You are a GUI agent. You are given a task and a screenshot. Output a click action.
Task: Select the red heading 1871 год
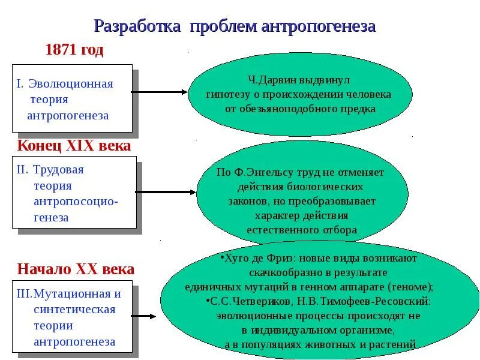(x=74, y=50)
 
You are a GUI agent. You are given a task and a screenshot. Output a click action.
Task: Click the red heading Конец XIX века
(x=74, y=145)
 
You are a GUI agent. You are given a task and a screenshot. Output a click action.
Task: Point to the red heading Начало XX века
(x=76, y=269)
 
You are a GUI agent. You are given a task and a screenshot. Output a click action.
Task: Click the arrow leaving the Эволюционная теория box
(x=160, y=92)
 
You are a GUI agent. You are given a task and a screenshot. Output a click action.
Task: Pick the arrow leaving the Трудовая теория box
(x=166, y=193)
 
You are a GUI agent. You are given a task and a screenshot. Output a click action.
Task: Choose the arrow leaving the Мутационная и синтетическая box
(x=144, y=316)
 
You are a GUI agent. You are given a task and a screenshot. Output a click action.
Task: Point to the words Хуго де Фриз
(x=251, y=258)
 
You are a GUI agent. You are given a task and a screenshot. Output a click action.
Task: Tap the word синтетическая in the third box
(x=74, y=310)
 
